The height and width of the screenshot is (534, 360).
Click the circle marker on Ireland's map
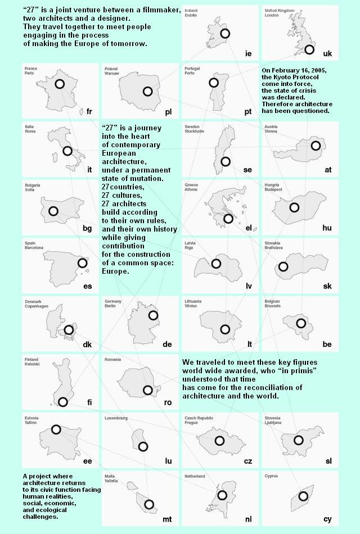tap(225, 34)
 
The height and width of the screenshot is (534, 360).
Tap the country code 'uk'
tap(327, 53)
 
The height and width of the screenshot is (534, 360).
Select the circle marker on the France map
tap(60, 84)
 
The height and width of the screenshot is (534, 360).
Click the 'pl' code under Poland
tap(168, 112)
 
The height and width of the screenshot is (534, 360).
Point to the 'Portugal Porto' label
tap(192, 71)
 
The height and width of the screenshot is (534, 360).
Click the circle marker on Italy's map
tap(67, 151)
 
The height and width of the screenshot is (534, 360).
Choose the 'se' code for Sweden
tap(247, 170)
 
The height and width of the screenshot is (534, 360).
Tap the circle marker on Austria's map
tap(316, 146)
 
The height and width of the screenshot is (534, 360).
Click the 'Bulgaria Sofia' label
tap(33, 188)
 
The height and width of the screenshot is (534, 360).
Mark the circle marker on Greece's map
tap(228, 219)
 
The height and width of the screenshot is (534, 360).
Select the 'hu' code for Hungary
tap(327, 228)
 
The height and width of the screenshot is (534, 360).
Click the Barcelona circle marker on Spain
tap(82, 263)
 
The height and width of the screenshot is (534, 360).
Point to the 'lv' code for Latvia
tap(248, 286)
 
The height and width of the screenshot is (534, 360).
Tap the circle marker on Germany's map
tap(153, 315)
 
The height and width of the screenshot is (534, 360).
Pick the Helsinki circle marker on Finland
tap(63, 402)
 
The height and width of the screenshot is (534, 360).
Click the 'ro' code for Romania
tap(168, 402)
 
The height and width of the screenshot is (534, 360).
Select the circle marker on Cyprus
tap(303, 496)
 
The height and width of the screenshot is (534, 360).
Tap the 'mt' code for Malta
tap(167, 519)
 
